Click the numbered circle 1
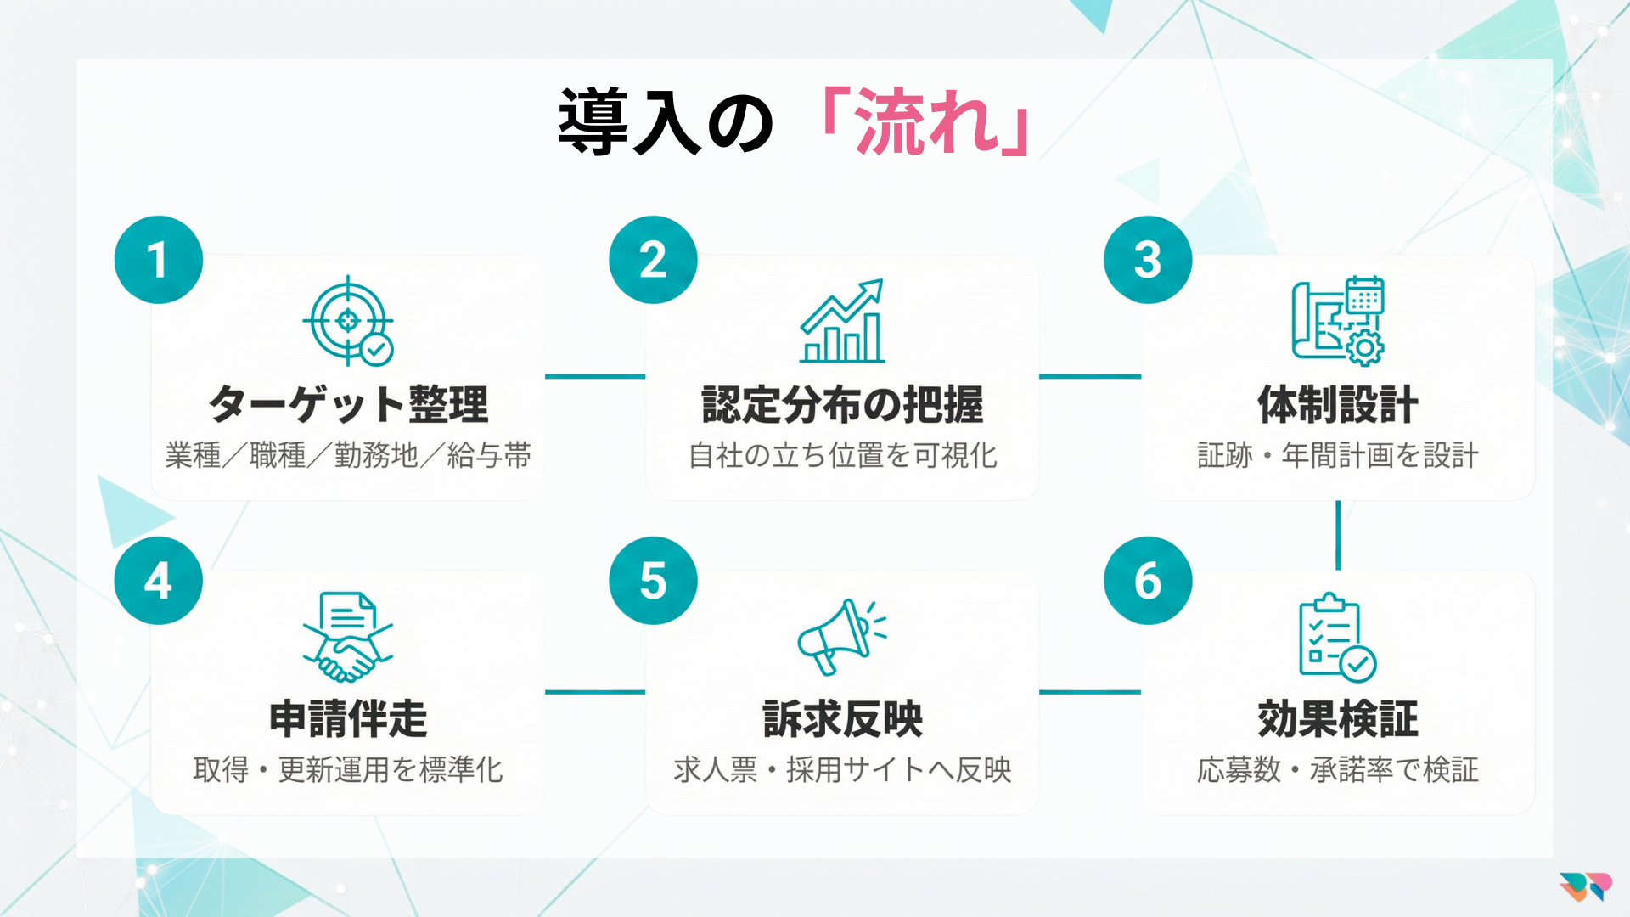[x=159, y=260]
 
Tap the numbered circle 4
[x=159, y=581]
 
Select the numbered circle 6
[x=1148, y=581]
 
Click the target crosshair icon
[x=349, y=321]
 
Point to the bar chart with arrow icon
[x=842, y=321]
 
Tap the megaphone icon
[x=841, y=636]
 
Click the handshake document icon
[x=348, y=637]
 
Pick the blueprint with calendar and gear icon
[x=1338, y=321]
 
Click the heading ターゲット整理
[x=349, y=404]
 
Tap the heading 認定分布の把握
[x=842, y=404]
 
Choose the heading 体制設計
[x=1338, y=404]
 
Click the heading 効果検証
[x=1338, y=719]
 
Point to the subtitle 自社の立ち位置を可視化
[x=842, y=456]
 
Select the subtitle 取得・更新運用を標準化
[x=348, y=770]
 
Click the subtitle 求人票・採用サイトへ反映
[x=842, y=770]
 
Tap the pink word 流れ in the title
[x=926, y=122]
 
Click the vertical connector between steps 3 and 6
[x=1338, y=535]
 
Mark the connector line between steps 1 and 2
[x=595, y=376]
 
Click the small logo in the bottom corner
[x=1585, y=886]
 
